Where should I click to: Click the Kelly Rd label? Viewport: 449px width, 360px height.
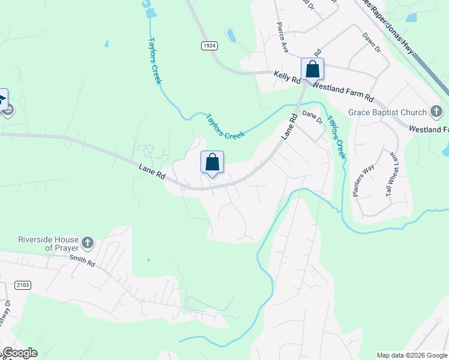click(x=287, y=77)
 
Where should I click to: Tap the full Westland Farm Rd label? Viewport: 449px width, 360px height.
click(x=343, y=92)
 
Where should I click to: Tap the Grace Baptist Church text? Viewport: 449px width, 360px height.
click(x=387, y=112)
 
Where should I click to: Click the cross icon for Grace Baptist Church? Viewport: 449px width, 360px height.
click(x=436, y=112)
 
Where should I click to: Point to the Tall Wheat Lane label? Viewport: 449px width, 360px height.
click(x=391, y=175)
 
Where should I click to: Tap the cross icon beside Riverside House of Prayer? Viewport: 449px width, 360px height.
click(x=88, y=243)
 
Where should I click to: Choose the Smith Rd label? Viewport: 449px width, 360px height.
click(x=82, y=261)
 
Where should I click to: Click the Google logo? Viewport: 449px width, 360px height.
click(x=19, y=353)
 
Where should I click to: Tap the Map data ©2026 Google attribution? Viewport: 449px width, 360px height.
click(x=411, y=355)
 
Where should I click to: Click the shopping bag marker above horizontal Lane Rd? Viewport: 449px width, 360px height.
click(x=212, y=162)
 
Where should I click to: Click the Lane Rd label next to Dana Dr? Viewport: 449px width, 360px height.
click(x=289, y=128)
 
